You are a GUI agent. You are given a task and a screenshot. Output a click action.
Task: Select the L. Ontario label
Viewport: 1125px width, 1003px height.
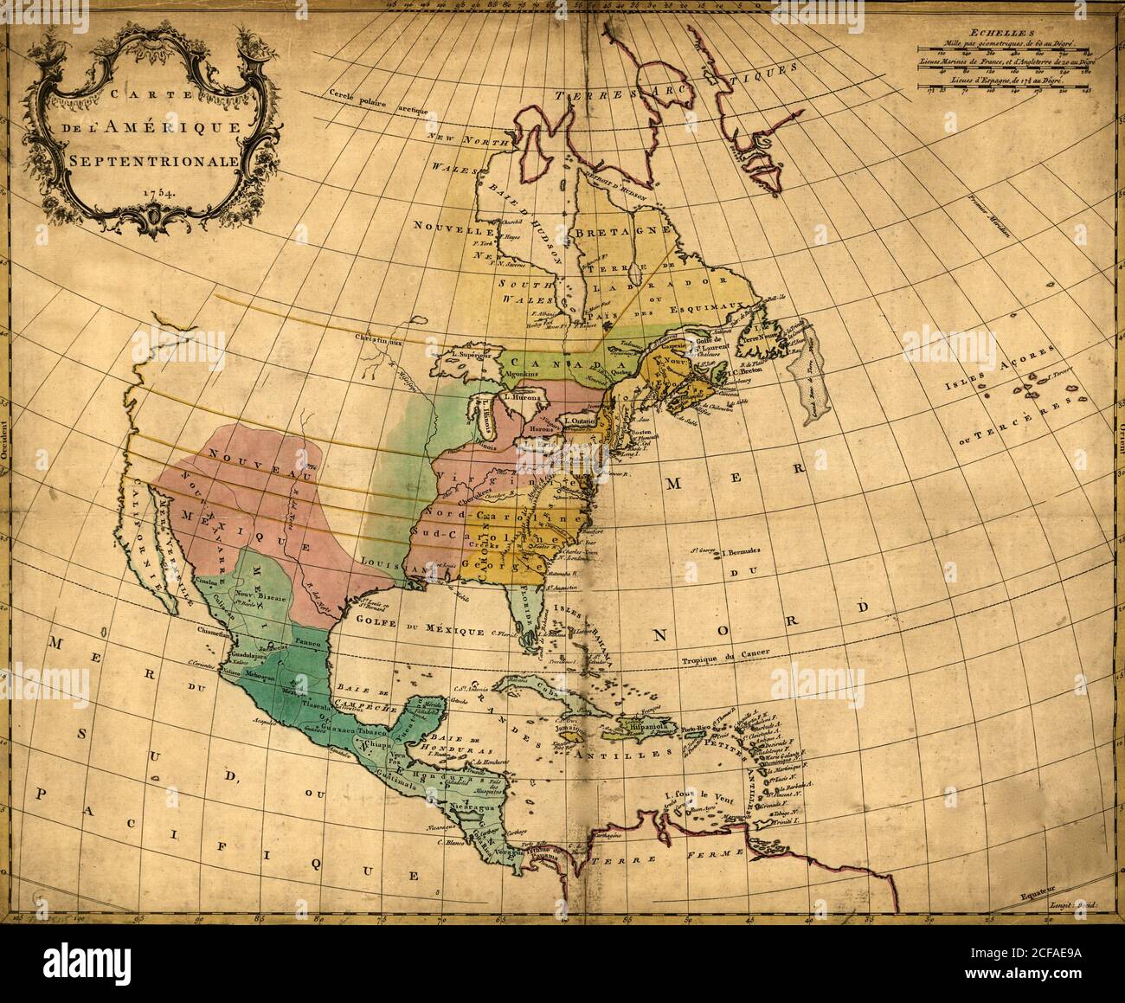point(579,421)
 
